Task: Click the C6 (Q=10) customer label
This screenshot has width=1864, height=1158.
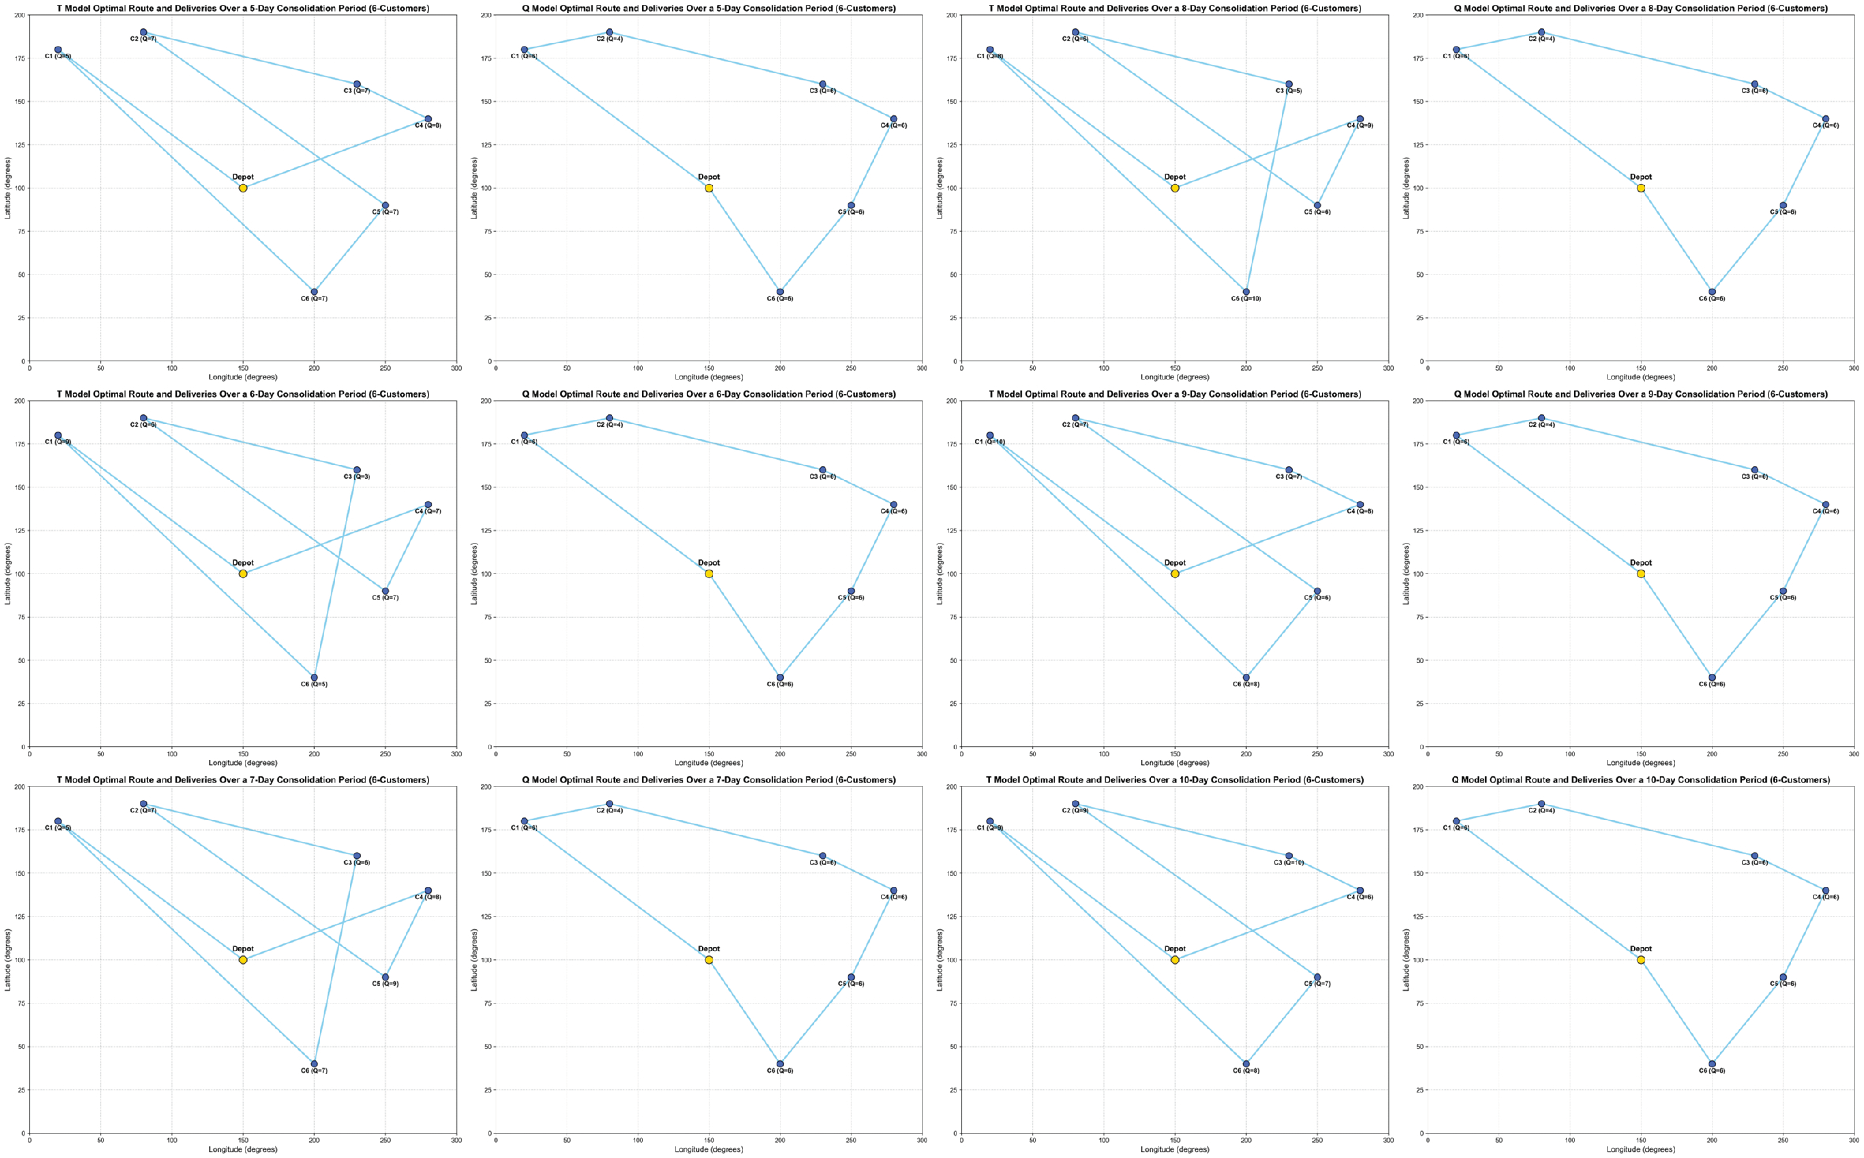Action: coord(1246,299)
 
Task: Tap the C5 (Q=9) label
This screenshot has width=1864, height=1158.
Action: coord(385,984)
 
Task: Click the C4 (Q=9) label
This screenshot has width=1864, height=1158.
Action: coord(1360,126)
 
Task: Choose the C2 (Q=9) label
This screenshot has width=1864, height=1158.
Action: coord(1075,810)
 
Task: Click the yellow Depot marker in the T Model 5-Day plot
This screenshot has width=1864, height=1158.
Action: coord(243,188)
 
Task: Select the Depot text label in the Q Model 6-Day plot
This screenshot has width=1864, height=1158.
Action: coord(709,563)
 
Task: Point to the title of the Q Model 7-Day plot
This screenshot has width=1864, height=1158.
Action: coord(709,780)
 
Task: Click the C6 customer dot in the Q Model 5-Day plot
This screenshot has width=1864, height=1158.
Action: coord(780,292)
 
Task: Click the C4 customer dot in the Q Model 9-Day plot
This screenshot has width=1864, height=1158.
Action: coord(1826,505)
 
